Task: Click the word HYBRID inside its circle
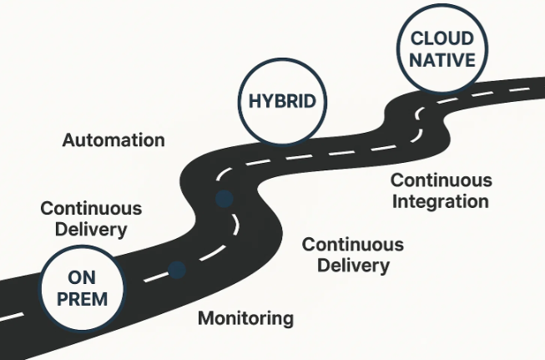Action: [x=281, y=102]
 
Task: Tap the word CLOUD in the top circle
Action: [x=442, y=38]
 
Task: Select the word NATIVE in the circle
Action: [x=442, y=60]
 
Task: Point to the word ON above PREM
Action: [x=82, y=276]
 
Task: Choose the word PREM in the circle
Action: [x=82, y=298]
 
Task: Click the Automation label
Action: [x=114, y=139]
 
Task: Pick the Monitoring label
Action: [x=245, y=317]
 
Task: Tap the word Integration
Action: [x=440, y=201]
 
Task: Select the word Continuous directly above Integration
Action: [x=442, y=180]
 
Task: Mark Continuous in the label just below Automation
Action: [x=91, y=208]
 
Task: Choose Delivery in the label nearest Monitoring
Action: [x=353, y=266]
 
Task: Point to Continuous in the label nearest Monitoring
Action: [x=353, y=245]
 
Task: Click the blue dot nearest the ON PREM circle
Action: [x=177, y=269]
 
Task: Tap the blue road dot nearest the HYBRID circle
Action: [x=224, y=199]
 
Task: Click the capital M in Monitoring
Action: [x=205, y=317]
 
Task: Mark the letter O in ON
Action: [x=73, y=276]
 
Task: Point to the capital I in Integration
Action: [x=395, y=201]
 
